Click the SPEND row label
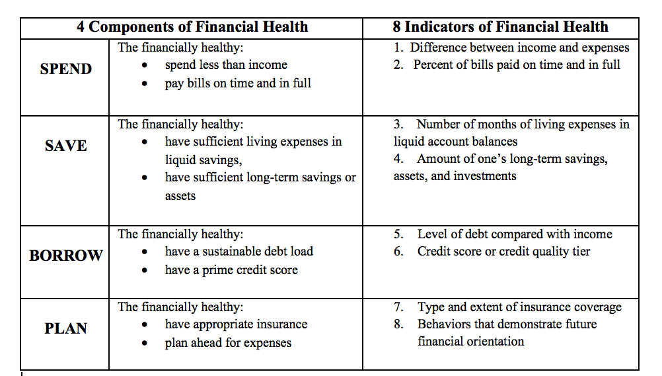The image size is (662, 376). [x=66, y=69]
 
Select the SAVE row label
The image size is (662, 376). [x=66, y=146]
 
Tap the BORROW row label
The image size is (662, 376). [x=66, y=256]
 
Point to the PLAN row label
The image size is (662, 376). [x=66, y=328]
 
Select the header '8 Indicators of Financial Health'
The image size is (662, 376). [x=500, y=27]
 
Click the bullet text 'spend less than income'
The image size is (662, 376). [x=226, y=65]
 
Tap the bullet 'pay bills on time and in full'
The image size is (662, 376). [x=238, y=83]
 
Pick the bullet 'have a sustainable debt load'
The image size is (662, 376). [x=239, y=252]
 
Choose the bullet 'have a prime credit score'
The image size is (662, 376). [x=231, y=270]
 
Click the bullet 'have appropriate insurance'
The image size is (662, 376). [x=236, y=324]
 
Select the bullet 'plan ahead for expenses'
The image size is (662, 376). [x=228, y=343]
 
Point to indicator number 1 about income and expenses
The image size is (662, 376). [x=511, y=48]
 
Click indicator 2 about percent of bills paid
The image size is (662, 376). [x=507, y=65]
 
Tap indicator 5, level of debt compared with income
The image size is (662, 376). [x=503, y=234]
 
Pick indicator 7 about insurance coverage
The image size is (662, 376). [x=508, y=307]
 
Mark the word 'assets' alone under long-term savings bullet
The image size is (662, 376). [x=180, y=196]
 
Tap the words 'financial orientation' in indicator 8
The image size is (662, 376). [x=471, y=342]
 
